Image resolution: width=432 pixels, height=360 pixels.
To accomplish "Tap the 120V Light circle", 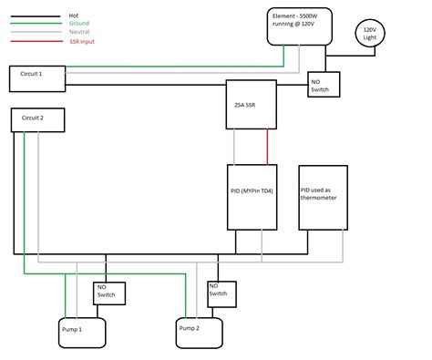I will (370, 34).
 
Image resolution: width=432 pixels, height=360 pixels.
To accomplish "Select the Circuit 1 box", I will (36, 77).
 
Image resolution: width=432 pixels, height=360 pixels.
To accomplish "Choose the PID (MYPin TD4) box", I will (252, 196).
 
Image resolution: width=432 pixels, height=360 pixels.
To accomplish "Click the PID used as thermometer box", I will (323, 196).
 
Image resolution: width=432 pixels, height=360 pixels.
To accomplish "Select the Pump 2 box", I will (200, 329).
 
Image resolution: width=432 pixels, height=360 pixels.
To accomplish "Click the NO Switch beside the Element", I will (324, 84).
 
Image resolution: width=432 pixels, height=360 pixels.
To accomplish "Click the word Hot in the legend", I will (74, 15).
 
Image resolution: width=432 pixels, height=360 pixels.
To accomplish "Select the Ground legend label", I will (79, 24).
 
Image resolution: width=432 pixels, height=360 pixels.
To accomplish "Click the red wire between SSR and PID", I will (267, 146).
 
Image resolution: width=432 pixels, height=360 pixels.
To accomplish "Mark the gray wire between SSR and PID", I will (236, 146).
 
